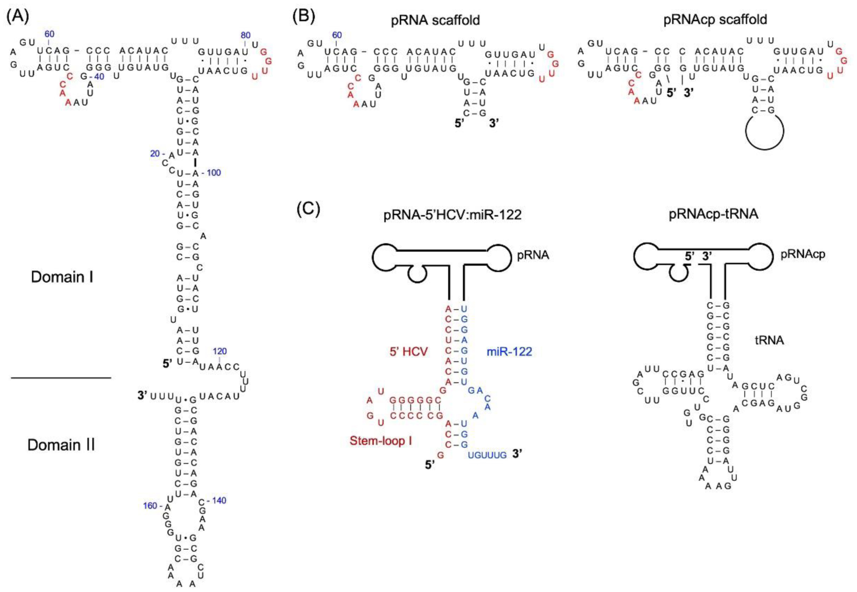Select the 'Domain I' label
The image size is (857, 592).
[x=62, y=277]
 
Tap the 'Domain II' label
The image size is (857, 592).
[x=61, y=445]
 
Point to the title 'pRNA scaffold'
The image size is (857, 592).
[x=435, y=20]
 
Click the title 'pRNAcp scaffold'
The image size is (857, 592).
[x=715, y=19]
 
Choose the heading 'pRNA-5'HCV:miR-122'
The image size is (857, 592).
[x=452, y=215]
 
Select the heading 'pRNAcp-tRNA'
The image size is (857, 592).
[x=713, y=214]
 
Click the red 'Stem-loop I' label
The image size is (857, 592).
[x=381, y=441]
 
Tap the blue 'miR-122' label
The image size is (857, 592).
[x=509, y=351]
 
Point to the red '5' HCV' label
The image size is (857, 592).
[x=408, y=351]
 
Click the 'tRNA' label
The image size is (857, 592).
[x=769, y=340]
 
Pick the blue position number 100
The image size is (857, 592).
[x=214, y=172]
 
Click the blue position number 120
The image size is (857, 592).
[x=220, y=351]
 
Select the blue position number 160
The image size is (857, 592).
[x=150, y=506]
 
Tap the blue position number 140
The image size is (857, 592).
[x=219, y=500]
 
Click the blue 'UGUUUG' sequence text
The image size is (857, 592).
[x=487, y=455]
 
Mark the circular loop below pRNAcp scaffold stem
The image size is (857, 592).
[x=764, y=131]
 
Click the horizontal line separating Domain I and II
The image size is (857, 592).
[x=61, y=377]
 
